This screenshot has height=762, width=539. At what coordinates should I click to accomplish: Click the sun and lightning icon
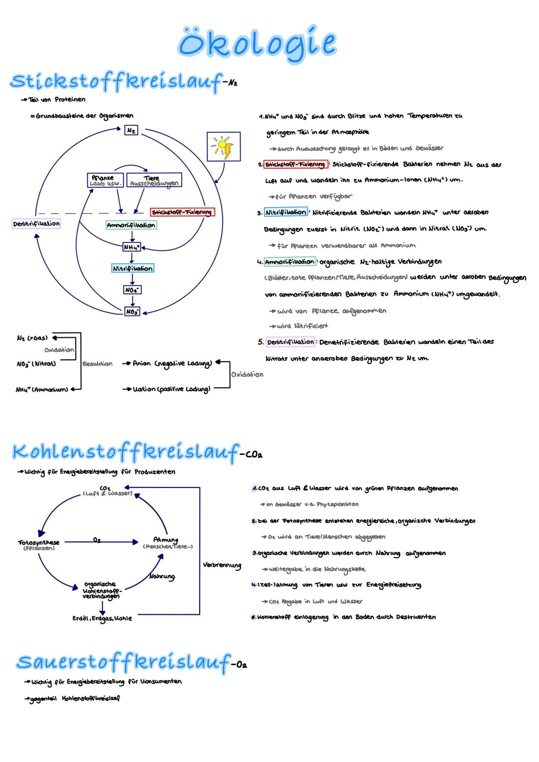click(x=224, y=147)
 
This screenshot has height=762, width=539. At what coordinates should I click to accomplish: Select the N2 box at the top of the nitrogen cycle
click(x=131, y=130)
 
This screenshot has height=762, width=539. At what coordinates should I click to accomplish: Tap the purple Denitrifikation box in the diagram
click(x=36, y=224)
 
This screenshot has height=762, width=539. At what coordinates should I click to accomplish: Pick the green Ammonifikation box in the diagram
click(x=131, y=226)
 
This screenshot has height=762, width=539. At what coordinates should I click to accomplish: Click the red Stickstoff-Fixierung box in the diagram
click(x=182, y=212)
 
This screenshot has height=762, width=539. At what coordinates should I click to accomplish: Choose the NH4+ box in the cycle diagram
click(x=132, y=247)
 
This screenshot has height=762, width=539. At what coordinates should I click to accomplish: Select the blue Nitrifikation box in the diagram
click(x=133, y=268)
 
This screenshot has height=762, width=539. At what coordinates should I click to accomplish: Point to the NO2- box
click(x=132, y=290)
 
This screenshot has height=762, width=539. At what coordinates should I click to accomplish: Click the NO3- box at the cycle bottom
click(x=132, y=311)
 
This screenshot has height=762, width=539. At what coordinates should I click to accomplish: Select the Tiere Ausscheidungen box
click(x=154, y=180)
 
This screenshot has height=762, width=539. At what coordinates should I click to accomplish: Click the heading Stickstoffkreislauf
click(x=116, y=81)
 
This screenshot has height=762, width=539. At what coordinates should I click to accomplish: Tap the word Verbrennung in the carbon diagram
click(x=222, y=565)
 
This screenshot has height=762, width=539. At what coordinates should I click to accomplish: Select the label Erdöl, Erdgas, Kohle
click(x=102, y=618)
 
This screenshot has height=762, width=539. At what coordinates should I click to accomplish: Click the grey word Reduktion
click(x=97, y=364)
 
